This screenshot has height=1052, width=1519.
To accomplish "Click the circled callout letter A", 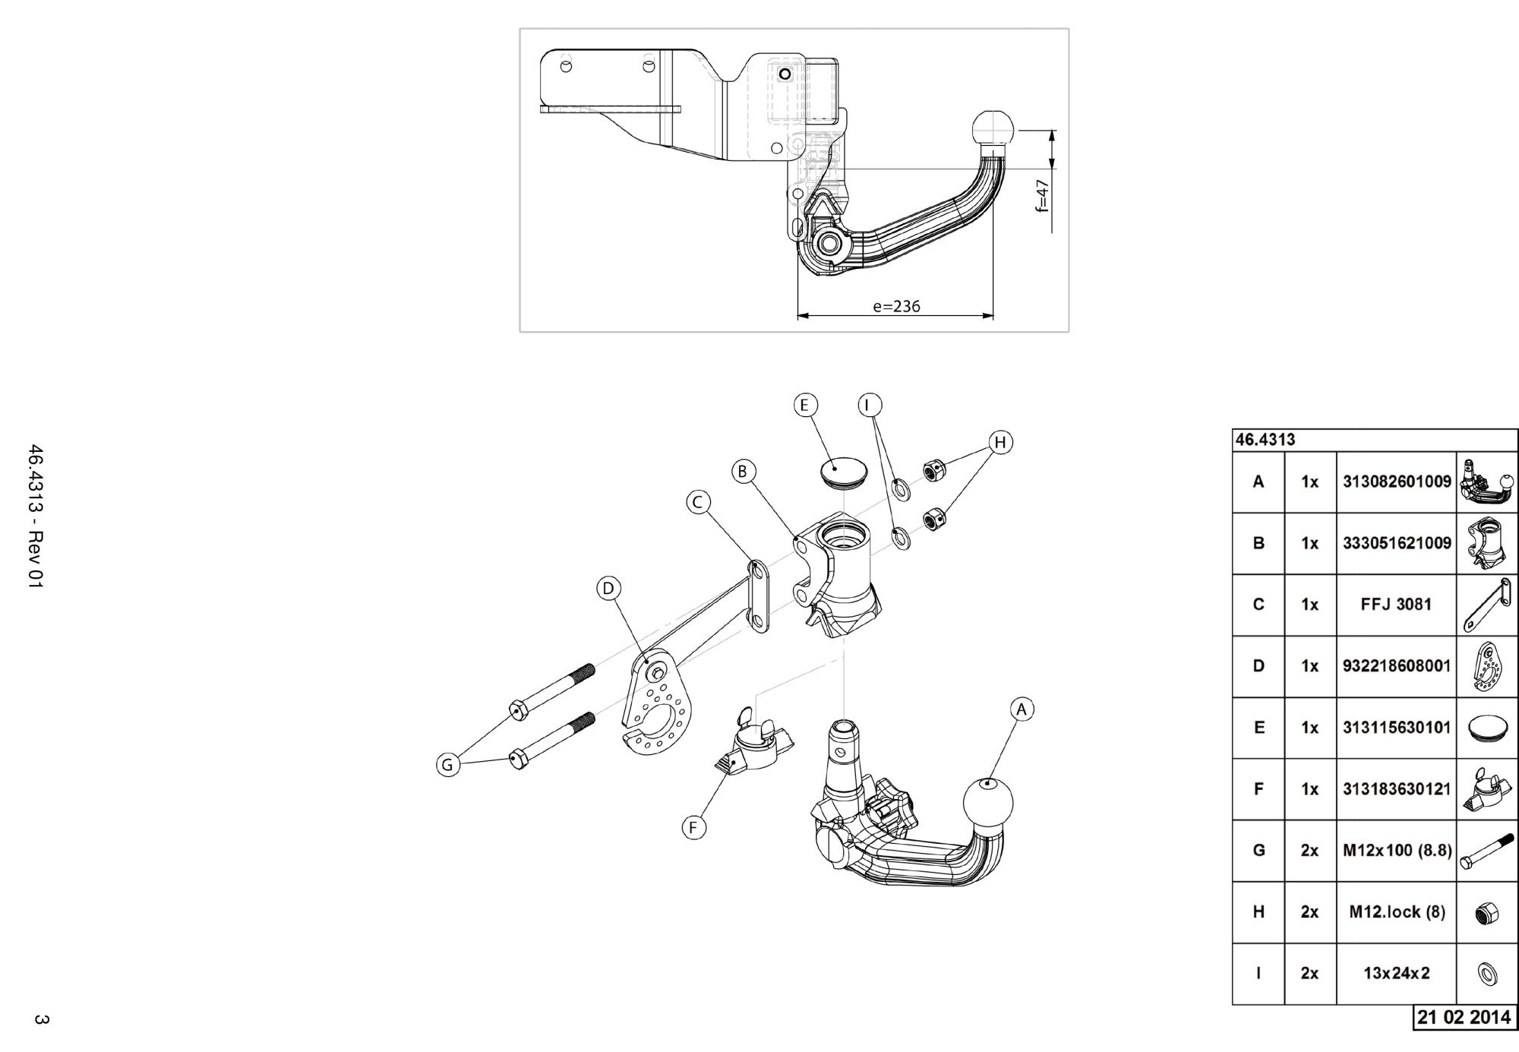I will coord(1022,709).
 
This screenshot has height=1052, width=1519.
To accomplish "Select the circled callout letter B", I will coord(743,472).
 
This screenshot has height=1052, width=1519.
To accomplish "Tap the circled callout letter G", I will coord(447,765).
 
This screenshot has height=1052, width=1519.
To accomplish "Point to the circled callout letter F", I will coord(693,828).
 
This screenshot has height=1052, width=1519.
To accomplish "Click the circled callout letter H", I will coord(1000,442).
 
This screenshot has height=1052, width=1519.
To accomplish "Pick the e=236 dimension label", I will coord(896,307).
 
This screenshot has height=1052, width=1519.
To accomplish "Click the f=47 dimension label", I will coord(1043,195).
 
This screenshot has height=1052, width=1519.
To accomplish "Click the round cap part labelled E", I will coord(842,471).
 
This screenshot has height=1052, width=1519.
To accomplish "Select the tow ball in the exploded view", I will coord(988,802).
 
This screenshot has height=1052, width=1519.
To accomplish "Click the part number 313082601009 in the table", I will coord(1396,482).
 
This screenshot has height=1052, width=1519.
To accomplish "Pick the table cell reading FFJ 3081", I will coord(1396,605).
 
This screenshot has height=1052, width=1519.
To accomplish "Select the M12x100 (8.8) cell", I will coord(1396,851).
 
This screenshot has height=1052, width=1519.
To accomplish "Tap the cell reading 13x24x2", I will coord(1396,973).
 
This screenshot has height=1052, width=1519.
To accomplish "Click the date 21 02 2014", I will coord(1464,1017).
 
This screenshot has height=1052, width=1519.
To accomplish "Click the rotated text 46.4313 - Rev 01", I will coord(36,516).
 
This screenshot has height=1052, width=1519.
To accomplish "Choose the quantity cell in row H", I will coord(1309,911).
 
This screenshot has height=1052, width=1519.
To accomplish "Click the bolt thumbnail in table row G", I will coord(1486,851).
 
